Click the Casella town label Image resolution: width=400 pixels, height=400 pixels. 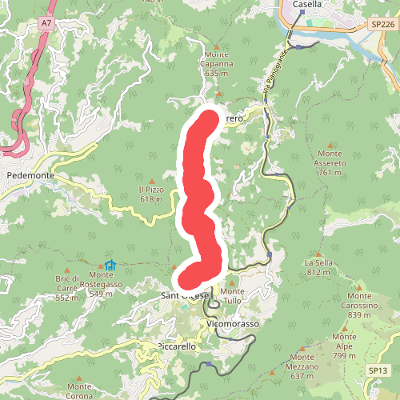coord(307,4)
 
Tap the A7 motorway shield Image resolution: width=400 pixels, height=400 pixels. coord(46,24)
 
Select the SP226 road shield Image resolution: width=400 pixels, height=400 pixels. coord(382,26)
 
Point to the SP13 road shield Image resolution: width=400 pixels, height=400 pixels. coord(378,370)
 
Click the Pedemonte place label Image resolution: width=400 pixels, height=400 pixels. coord(30,174)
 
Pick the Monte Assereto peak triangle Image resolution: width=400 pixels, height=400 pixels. coord(331,144)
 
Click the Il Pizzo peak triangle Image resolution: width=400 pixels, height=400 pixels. coord(151,180)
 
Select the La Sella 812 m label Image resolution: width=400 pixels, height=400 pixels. coord(318,267)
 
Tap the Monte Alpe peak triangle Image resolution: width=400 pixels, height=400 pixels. coord(345,327)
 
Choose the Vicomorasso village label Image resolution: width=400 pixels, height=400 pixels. coord(233,324)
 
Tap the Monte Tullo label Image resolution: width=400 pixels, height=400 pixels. coord(233,295)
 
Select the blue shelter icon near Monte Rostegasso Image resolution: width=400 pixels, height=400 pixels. coord(110,265)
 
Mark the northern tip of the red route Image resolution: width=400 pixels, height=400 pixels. coord(209,118)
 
